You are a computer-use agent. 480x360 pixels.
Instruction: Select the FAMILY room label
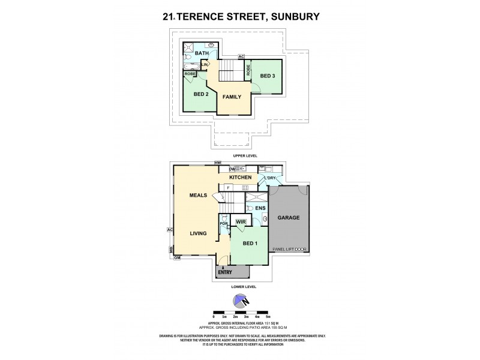click(232, 96)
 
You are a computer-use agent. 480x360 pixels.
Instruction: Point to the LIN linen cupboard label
click(205, 64)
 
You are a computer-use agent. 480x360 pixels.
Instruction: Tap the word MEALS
click(198, 195)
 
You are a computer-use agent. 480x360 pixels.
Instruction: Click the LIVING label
click(199, 233)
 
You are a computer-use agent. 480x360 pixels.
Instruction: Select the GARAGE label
click(289, 217)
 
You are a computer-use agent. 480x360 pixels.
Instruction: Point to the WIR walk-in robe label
click(241, 222)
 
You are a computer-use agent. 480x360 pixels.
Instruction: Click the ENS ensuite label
click(260, 208)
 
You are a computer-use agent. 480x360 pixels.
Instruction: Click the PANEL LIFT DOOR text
click(289, 248)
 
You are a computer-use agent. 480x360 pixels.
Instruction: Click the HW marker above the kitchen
click(218, 163)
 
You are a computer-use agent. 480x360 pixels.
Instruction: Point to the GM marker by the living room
click(178, 258)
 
